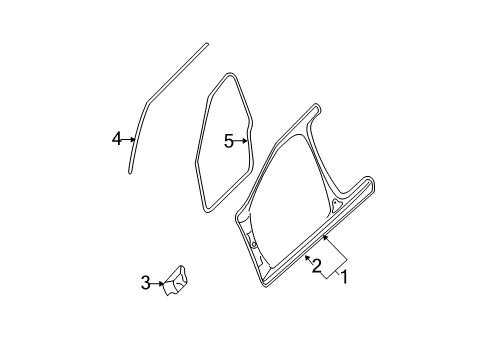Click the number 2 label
click(x=317, y=266)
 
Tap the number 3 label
click(x=145, y=284)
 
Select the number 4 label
click(x=117, y=139)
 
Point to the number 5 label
click(x=229, y=141)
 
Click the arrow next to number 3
click(x=158, y=284)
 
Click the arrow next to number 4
click(x=129, y=139)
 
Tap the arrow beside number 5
click(x=241, y=141)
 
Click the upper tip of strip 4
click(x=207, y=43)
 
